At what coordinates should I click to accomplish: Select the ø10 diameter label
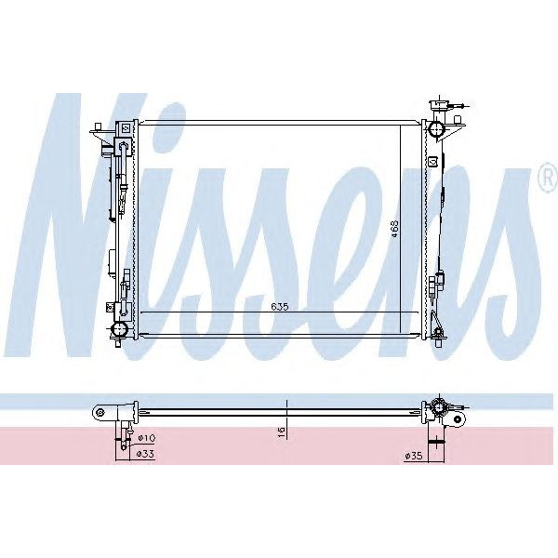pos(146,438)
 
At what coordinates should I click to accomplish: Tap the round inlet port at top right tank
pos(434,126)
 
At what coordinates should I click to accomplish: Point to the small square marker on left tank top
pos(125,127)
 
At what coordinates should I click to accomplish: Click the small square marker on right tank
pos(432,161)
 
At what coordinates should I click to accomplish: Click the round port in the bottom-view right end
pos(434,409)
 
